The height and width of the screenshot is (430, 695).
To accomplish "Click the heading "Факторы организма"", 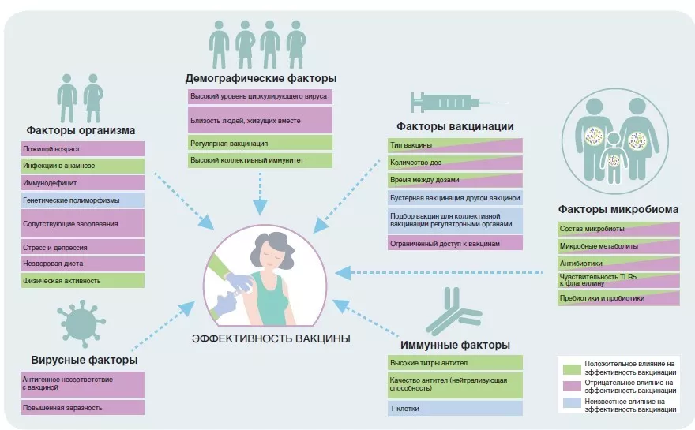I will [81, 130].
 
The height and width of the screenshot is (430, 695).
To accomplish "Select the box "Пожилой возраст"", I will [83, 148].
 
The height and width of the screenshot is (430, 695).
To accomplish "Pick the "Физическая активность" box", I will [83, 281].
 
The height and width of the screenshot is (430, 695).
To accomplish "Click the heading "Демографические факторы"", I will [261, 79].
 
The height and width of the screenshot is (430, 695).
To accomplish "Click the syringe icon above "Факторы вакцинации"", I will [456, 103].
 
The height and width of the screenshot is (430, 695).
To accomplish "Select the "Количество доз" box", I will [455, 163].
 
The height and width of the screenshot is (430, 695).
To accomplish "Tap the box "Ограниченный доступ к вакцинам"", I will [455, 244].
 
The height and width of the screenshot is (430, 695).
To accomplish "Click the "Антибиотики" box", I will [618, 264].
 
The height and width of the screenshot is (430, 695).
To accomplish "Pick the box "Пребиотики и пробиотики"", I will [618, 298].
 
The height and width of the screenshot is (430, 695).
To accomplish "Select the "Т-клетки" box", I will [455, 409].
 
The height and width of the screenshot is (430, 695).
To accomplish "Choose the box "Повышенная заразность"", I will [83, 408].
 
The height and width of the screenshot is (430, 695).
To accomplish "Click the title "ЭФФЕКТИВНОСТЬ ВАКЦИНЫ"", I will [271, 339].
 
